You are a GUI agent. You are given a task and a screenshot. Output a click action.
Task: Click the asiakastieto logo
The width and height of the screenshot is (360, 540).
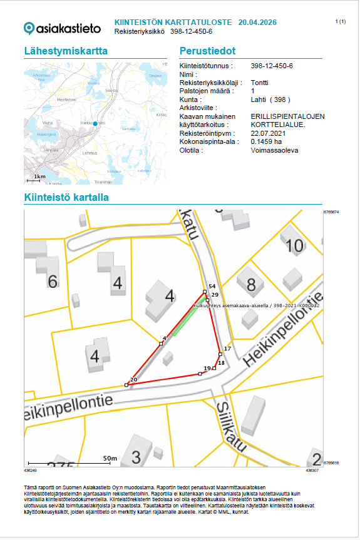62,28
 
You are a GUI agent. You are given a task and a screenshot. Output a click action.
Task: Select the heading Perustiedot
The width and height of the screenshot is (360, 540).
207,51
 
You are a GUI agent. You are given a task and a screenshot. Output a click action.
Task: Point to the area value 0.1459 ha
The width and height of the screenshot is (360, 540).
267,142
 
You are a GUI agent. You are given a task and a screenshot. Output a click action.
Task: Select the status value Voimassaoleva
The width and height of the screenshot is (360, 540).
274,151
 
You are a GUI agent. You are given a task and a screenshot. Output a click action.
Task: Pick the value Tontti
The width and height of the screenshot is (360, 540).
259,83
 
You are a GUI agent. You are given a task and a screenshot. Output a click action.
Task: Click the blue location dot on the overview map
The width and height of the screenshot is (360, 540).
95,124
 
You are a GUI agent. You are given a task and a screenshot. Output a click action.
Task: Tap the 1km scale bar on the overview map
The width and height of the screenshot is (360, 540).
39,180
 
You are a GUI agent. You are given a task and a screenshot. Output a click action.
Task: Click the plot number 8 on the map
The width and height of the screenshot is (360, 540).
251,286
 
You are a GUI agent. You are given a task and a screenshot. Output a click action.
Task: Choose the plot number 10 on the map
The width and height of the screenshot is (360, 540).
294,245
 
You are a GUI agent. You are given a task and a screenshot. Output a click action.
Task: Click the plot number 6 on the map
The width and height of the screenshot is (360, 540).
53,281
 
